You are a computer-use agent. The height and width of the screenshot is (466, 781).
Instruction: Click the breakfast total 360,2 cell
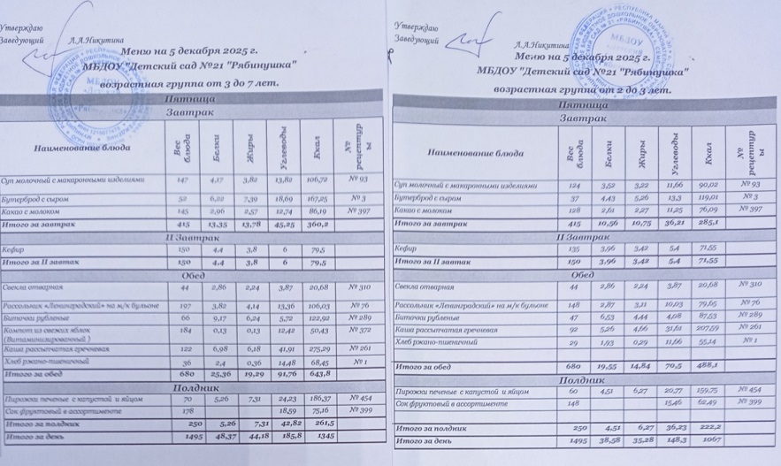[x=312, y=225]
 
